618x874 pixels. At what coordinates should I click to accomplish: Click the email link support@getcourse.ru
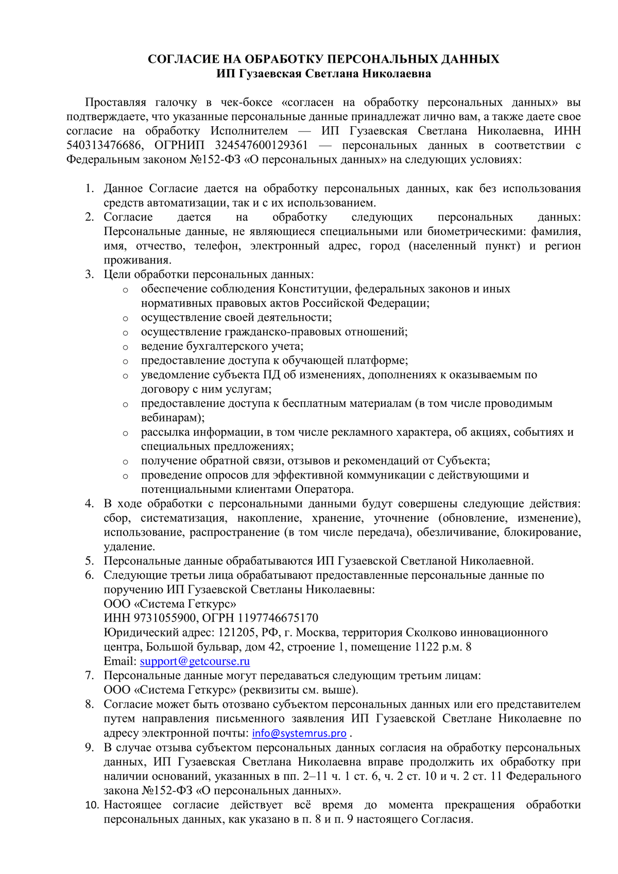[195, 661]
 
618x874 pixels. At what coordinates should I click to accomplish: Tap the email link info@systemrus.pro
[299, 733]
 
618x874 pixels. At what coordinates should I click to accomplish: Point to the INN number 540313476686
[103, 146]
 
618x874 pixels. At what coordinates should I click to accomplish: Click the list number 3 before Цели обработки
[90, 275]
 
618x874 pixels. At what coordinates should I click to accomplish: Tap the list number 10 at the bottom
[92, 805]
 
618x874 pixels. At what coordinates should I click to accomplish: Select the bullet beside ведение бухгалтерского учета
[125, 347]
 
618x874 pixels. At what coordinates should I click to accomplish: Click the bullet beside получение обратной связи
[125, 461]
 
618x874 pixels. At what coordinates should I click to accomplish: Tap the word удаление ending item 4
[129, 547]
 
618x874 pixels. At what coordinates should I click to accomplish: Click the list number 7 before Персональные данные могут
[90, 675]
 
